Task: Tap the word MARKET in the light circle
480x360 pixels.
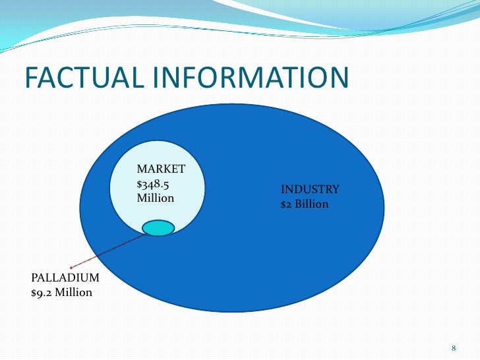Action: pos(160,170)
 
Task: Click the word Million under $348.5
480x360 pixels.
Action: pos(155,197)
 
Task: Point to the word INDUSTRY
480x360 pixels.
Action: pos(310,190)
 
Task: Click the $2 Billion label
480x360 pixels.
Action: pos(304,204)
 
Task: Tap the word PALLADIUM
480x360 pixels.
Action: pos(65,278)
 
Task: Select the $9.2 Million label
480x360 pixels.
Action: pos(62,292)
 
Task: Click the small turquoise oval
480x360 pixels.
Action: pos(158,228)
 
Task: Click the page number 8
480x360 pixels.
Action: pos(454,347)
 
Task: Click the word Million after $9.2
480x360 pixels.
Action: pos(73,292)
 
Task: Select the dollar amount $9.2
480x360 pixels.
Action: pos(41,292)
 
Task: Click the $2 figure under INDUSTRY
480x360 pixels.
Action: pos(285,204)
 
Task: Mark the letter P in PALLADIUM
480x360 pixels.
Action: pos(34,278)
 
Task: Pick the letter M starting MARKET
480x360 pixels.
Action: pos(140,170)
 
